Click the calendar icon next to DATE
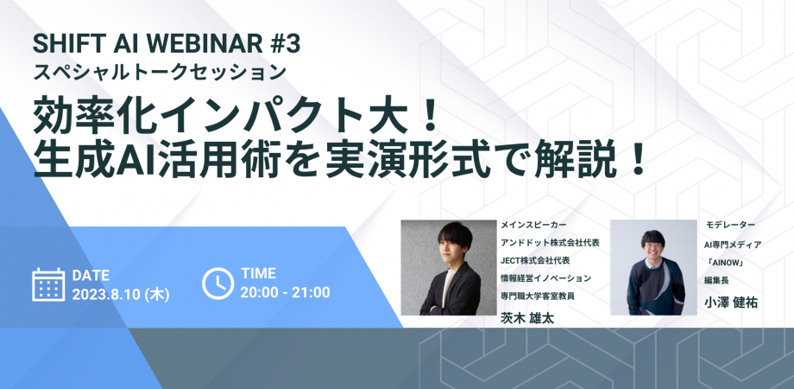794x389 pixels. click(48, 284)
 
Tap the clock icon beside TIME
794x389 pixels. click(217, 284)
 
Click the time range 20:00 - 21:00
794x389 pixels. click(285, 292)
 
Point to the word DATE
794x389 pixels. click(91, 275)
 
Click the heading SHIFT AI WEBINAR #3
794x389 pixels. click(167, 42)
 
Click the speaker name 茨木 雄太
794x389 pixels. click(527, 316)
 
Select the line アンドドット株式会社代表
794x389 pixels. click(550, 242)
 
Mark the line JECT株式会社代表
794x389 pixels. click(535, 260)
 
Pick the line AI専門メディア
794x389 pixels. click(734, 242)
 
